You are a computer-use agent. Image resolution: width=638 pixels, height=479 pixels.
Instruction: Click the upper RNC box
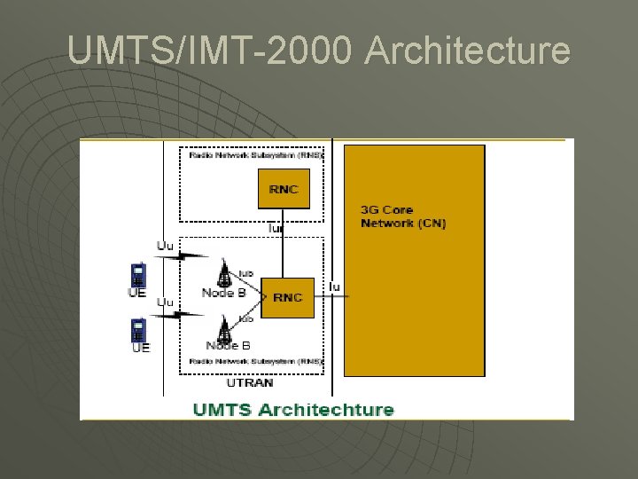(284, 189)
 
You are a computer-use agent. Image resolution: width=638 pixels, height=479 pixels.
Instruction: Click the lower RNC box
(287, 297)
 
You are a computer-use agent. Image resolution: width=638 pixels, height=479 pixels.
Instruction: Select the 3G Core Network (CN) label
(403, 216)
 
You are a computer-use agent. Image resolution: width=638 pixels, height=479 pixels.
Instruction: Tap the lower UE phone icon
(137, 330)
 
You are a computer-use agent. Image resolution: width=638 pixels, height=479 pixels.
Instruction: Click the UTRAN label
(250, 383)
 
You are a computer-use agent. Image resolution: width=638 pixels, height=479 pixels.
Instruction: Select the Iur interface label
(276, 228)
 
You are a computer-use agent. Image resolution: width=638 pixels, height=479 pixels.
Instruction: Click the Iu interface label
(334, 286)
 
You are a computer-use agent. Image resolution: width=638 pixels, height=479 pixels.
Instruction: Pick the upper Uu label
(166, 245)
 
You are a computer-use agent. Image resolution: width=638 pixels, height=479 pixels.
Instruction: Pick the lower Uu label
(165, 302)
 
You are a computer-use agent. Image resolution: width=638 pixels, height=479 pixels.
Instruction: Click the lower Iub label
(246, 317)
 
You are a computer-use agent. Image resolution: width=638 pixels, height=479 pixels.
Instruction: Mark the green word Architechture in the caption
(322, 409)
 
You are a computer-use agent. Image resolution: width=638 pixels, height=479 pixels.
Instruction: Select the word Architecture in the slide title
(467, 51)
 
